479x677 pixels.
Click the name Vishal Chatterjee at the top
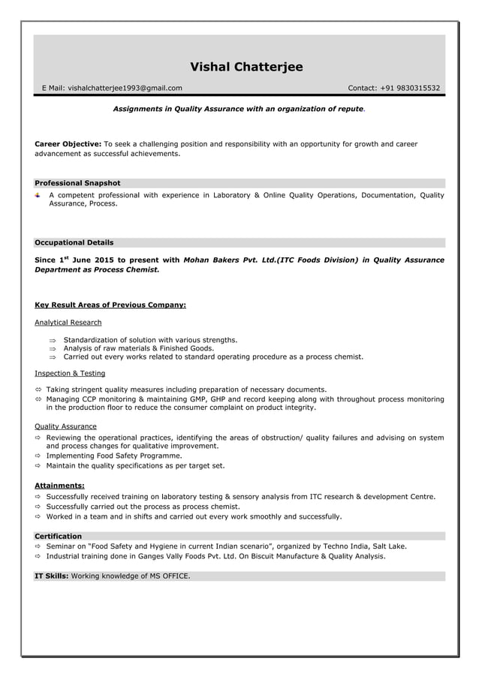[x=246, y=68]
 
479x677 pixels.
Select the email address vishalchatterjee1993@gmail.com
[x=125, y=89]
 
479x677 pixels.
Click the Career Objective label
[x=68, y=143]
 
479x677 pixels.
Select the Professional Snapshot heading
[x=77, y=183]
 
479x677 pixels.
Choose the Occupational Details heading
[x=74, y=242]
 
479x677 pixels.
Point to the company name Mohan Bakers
[x=212, y=260]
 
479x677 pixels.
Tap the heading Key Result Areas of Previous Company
[x=110, y=305]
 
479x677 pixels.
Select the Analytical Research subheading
[x=68, y=323]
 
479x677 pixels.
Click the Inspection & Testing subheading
[x=70, y=373]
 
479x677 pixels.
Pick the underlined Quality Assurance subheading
[x=66, y=426]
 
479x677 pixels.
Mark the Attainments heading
[x=59, y=486]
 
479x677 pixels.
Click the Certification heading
[x=59, y=536]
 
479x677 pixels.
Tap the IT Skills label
[x=52, y=576]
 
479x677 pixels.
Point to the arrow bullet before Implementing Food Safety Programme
[x=38, y=456]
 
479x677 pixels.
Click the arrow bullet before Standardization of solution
[x=53, y=340]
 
